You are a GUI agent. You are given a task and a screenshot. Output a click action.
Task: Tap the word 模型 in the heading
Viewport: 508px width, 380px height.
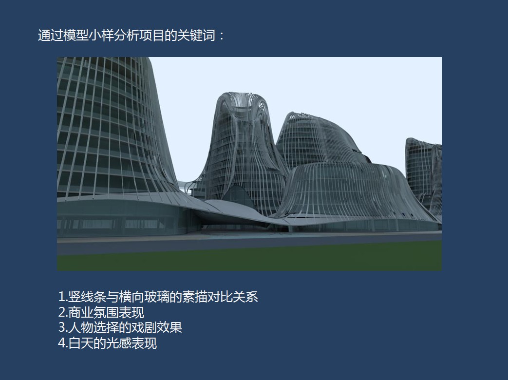pyautogui.click(x=76, y=35)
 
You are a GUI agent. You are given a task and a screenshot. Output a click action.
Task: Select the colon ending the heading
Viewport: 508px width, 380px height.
pyautogui.click(x=222, y=36)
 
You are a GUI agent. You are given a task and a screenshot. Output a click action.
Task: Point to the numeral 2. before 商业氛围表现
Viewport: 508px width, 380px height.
pyautogui.click(x=63, y=312)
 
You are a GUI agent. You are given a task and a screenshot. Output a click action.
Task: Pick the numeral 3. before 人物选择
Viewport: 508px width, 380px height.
pyautogui.click(x=63, y=327)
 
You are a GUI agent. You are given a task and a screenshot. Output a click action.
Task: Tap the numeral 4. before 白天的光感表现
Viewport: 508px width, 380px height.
pyautogui.click(x=63, y=343)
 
